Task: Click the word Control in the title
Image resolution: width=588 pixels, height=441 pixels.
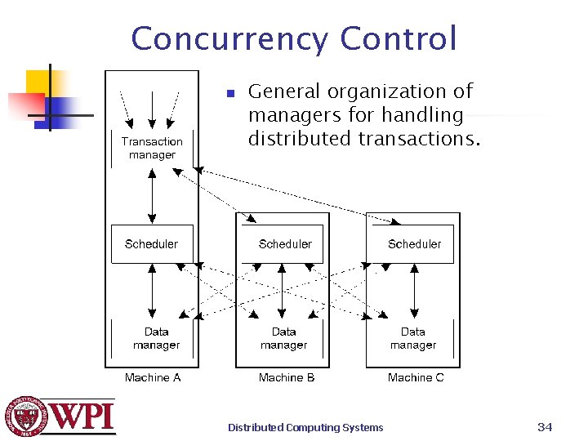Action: tap(399, 38)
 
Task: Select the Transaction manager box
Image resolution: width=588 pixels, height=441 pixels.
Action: tap(152, 148)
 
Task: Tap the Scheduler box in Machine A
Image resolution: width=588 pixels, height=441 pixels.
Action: tap(151, 243)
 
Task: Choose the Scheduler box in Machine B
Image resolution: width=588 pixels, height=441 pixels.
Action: tap(285, 243)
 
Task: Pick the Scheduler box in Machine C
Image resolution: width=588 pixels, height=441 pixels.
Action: tap(414, 243)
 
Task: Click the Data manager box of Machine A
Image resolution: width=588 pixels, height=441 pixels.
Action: tap(156, 338)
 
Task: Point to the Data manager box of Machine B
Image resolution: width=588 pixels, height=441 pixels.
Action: tap(283, 338)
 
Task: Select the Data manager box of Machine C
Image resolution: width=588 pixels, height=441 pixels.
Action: tap(412, 338)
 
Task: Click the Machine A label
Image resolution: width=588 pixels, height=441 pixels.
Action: tap(153, 377)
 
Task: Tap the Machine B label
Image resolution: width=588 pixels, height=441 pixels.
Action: tap(287, 377)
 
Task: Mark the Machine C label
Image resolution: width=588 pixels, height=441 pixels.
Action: tap(416, 377)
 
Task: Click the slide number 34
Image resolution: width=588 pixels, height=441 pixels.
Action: tap(546, 426)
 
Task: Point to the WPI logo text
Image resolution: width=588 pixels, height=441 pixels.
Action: tap(82, 416)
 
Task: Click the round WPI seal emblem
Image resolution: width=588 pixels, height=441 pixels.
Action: tap(27, 416)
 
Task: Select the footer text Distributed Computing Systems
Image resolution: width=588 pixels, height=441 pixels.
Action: tap(305, 427)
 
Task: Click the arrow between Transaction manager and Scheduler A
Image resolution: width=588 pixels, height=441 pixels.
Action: tap(153, 197)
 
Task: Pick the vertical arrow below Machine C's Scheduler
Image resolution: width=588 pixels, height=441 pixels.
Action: tap(415, 291)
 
